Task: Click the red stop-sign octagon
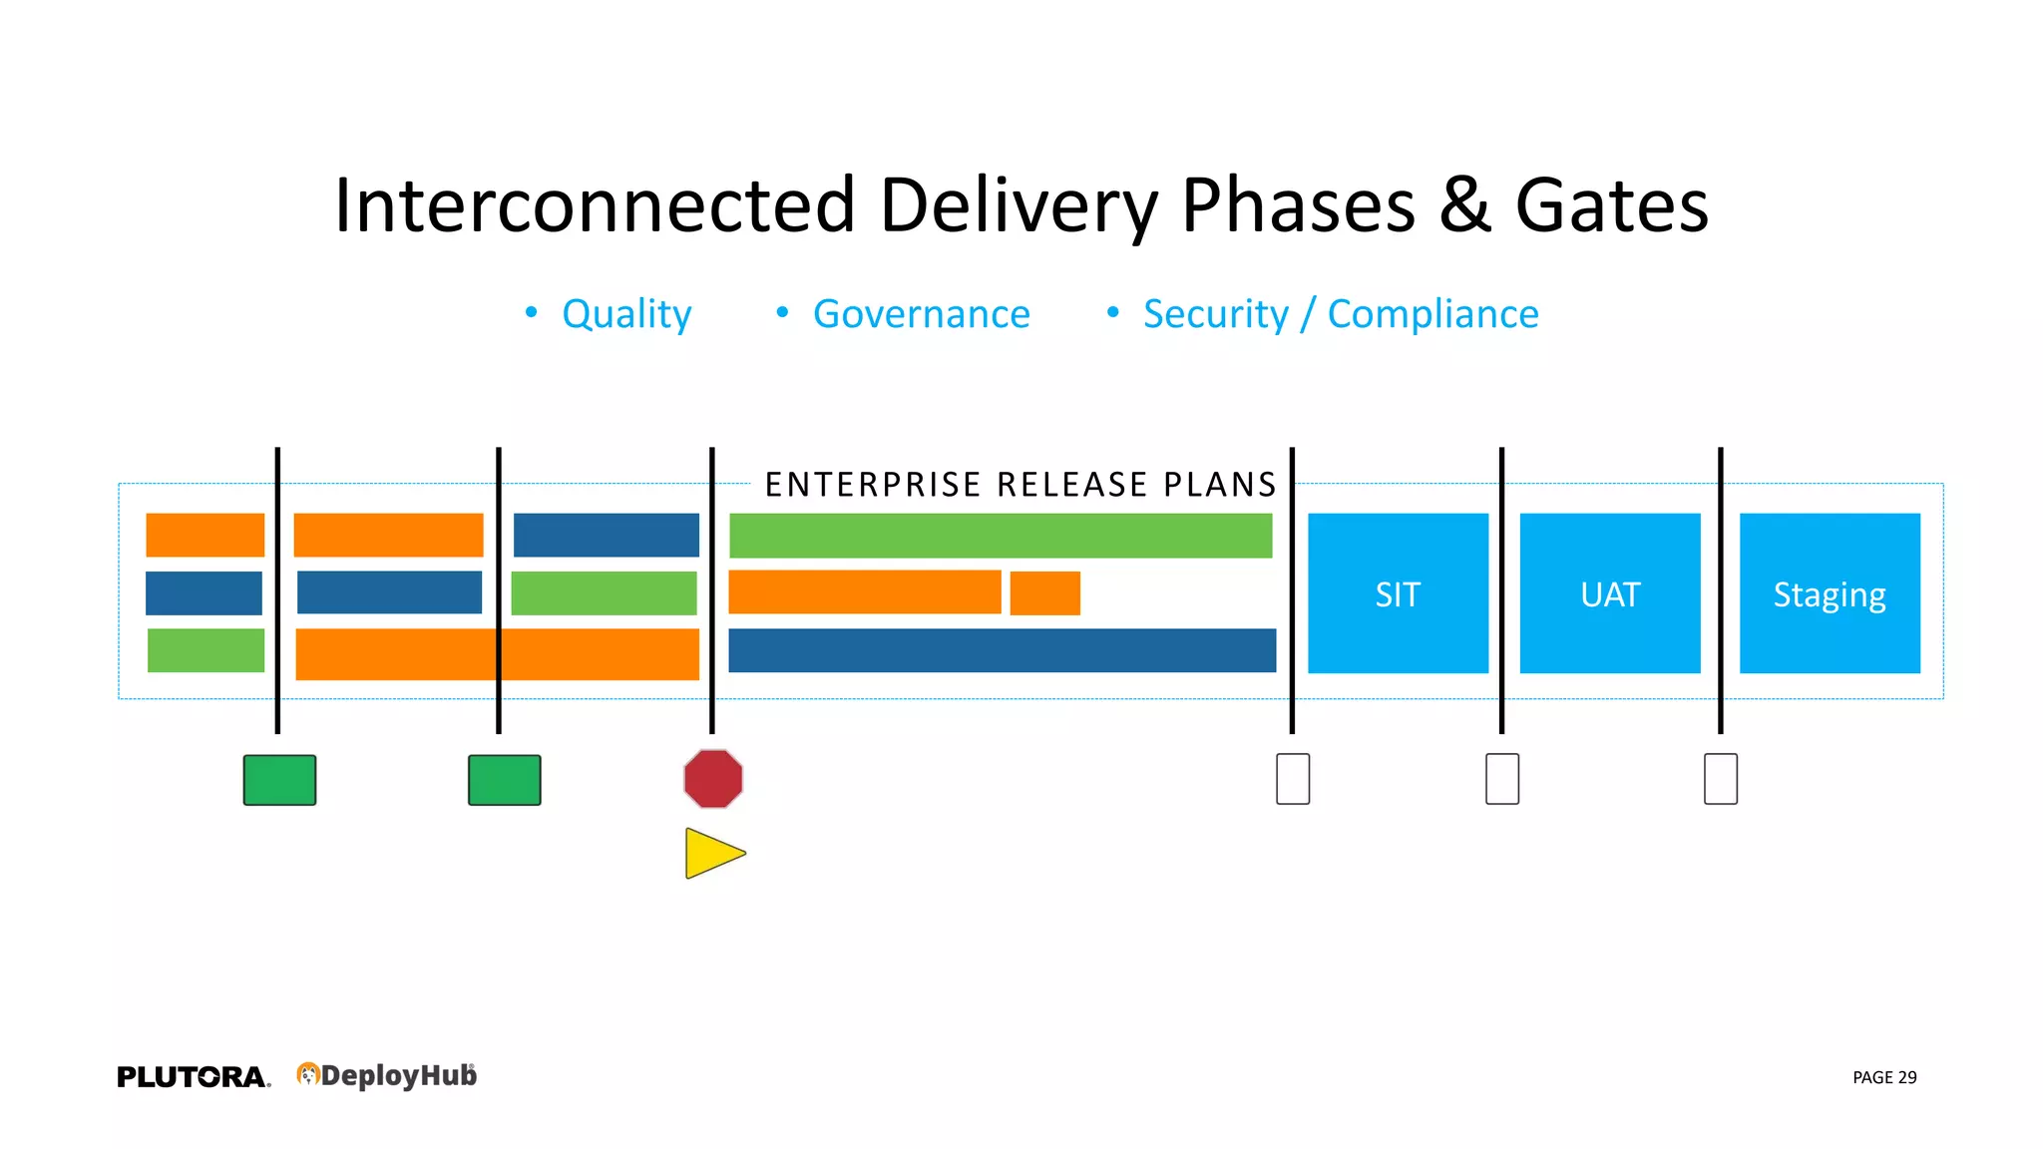point(713,779)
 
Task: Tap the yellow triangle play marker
point(710,854)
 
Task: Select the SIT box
point(1398,593)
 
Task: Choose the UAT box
point(1609,593)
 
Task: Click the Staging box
point(1830,593)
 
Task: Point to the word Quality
point(626,314)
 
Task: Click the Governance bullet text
point(921,314)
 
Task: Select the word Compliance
point(1432,314)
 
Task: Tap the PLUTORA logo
point(193,1077)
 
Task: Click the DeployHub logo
point(387,1075)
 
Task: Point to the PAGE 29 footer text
point(1884,1077)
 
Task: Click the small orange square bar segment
point(1044,593)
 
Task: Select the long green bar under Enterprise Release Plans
point(1001,536)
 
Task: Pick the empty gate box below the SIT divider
point(1293,779)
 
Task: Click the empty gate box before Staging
point(1721,779)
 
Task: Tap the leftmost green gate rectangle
point(279,780)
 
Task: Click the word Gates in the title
point(1611,205)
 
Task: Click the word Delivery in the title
point(1019,205)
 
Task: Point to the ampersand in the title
point(1464,205)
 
